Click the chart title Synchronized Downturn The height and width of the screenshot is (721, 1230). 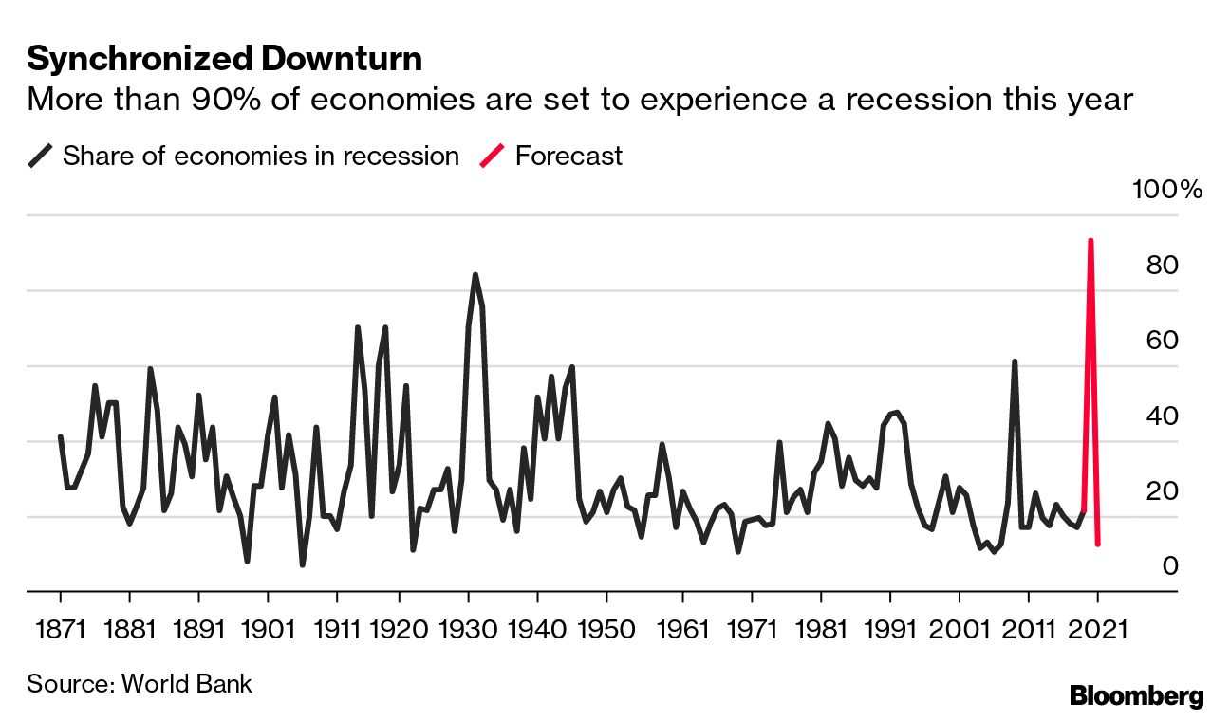tap(224, 60)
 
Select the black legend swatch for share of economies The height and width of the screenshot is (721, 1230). tap(40, 157)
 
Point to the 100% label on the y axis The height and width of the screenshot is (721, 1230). tap(1167, 190)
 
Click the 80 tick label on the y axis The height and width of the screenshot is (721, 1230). tap(1163, 266)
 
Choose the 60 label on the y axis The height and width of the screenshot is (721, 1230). tap(1163, 341)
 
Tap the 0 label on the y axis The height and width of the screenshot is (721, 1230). tap(1170, 566)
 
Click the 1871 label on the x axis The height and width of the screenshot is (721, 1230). tap(60, 629)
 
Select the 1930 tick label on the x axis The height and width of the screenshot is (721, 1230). tap(468, 629)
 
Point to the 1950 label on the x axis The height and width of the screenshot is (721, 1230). tap(606, 629)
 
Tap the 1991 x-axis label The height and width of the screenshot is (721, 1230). tap(890, 629)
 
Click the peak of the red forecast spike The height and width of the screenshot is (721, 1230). tap(1090, 241)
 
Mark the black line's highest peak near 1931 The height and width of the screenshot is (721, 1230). tap(475, 275)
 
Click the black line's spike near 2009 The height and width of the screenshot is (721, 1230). tap(1015, 361)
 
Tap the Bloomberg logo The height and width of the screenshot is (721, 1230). tap(1136, 695)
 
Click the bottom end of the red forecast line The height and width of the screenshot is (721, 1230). tap(1098, 544)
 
